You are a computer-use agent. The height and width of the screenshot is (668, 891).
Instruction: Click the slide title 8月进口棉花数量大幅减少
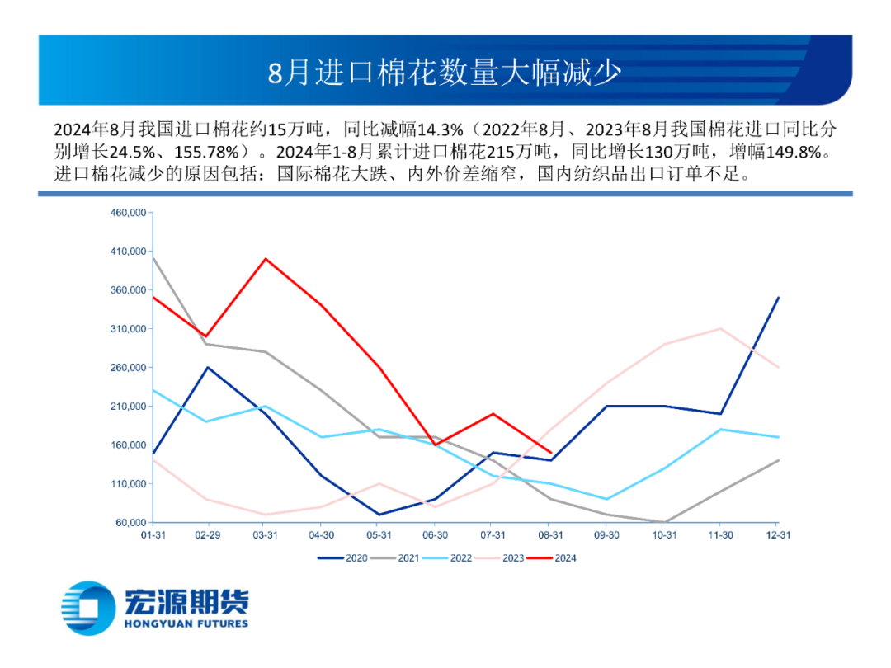coord(445,73)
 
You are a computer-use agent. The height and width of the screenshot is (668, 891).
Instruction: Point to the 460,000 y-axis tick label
coord(128,213)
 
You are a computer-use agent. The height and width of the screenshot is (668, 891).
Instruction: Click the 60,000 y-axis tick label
coord(130,523)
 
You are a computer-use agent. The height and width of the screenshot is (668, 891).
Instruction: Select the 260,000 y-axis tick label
coord(128,368)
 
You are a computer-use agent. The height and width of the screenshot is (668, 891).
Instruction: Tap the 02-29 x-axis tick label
coord(206,535)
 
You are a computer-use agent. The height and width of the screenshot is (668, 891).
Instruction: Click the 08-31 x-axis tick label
coord(550,535)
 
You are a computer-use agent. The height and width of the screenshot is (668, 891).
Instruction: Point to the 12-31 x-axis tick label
coord(778,535)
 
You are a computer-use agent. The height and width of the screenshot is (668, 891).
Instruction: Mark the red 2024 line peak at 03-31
coord(264,259)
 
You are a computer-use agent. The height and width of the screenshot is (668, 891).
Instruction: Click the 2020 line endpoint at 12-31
coord(778,298)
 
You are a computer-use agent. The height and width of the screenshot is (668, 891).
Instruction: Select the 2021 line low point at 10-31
coord(664,522)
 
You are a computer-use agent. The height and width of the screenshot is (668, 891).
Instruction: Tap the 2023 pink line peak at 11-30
coord(721,329)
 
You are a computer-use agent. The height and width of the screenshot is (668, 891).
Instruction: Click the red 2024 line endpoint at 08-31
coord(550,453)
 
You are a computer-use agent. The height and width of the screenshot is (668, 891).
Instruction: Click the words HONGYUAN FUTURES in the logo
coord(186,623)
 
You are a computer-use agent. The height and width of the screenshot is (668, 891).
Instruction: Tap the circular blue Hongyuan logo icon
coord(88,608)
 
